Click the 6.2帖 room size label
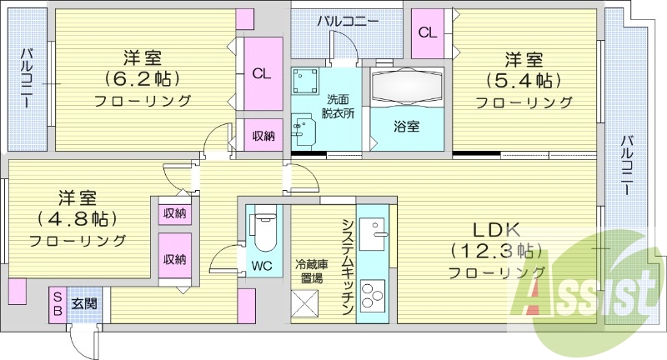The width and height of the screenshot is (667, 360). (143, 78)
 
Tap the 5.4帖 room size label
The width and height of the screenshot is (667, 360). (524, 80)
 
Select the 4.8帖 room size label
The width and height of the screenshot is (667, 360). (77, 218)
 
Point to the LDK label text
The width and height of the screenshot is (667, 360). (496, 230)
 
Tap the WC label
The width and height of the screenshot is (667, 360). (262, 266)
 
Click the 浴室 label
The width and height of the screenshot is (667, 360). (407, 126)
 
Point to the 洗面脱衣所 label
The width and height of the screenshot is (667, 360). (339, 107)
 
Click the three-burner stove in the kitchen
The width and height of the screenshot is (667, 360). (373, 294)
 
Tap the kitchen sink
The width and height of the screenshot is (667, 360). (373, 234)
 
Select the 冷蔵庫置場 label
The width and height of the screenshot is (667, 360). (312, 272)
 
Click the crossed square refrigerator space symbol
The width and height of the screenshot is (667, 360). (304, 303)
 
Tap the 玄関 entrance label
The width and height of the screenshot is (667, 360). (84, 303)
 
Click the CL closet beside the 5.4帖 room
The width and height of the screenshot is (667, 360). (428, 32)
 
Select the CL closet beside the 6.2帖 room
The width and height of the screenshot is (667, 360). (261, 73)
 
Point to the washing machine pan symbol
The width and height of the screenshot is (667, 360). (305, 80)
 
